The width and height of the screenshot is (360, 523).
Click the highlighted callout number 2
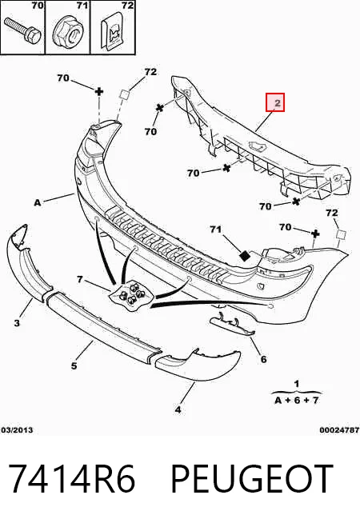click(x=277, y=103)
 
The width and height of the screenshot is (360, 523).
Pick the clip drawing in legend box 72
click(x=111, y=32)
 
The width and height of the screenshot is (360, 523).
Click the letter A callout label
click(x=38, y=202)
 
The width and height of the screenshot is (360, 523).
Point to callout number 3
click(x=17, y=322)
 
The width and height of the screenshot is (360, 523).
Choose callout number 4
click(x=178, y=409)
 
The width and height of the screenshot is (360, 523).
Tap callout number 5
click(x=74, y=365)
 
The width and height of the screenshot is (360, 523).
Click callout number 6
click(x=263, y=359)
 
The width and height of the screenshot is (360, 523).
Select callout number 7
click(x=80, y=279)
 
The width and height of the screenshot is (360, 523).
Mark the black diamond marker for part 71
click(x=246, y=256)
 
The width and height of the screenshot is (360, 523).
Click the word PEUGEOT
click(x=252, y=478)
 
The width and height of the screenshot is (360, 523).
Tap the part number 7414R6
click(x=72, y=478)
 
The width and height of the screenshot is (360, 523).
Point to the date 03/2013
click(x=18, y=430)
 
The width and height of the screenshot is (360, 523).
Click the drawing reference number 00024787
click(x=339, y=430)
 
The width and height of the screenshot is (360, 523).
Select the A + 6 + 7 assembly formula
click(x=297, y=401)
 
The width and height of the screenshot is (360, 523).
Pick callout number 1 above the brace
click(x=297, y=384)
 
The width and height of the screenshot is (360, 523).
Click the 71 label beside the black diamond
click(x=215, y=230)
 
